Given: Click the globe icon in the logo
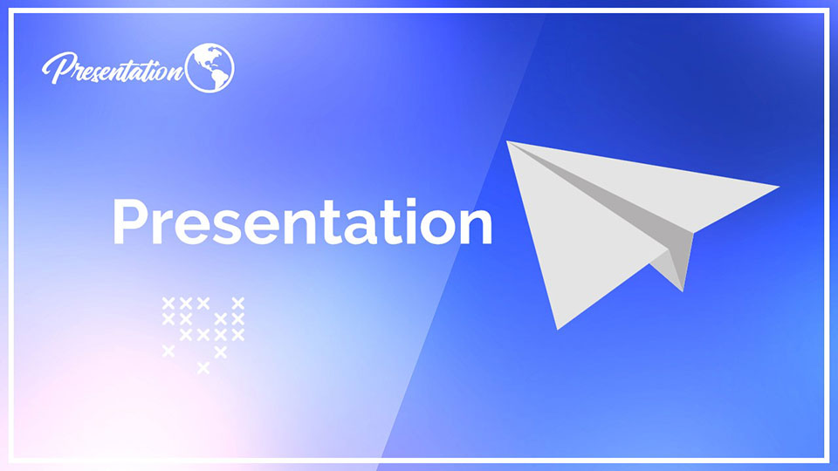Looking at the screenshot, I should coord(209,66).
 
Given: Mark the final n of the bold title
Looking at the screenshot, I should coord(474,226).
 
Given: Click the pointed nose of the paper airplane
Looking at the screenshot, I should coord(777,186).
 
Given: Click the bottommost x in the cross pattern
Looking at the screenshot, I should coord(203,368).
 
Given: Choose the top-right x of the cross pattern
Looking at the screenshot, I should coord(237,303).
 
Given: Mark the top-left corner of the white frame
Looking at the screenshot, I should coord(11,11).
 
